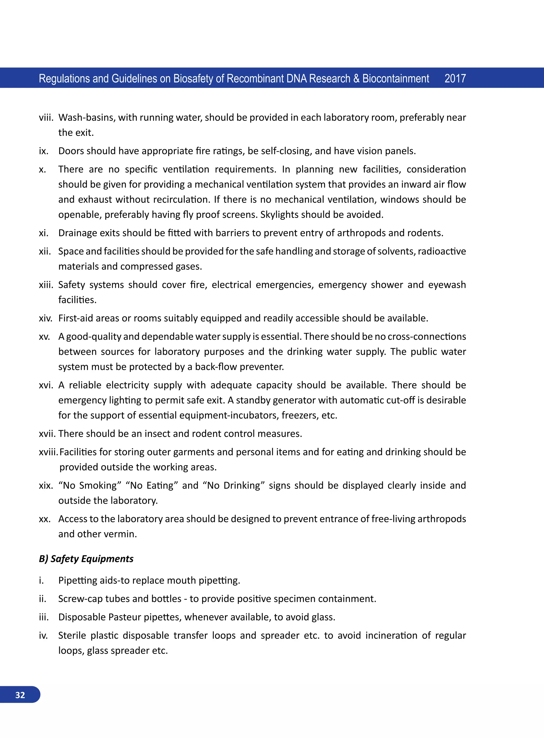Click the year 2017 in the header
[x=455, y=78]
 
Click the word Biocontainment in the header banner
[x=396, y=78]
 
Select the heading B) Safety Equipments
[x=86, y=558]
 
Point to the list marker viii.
[x=46, y=118]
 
